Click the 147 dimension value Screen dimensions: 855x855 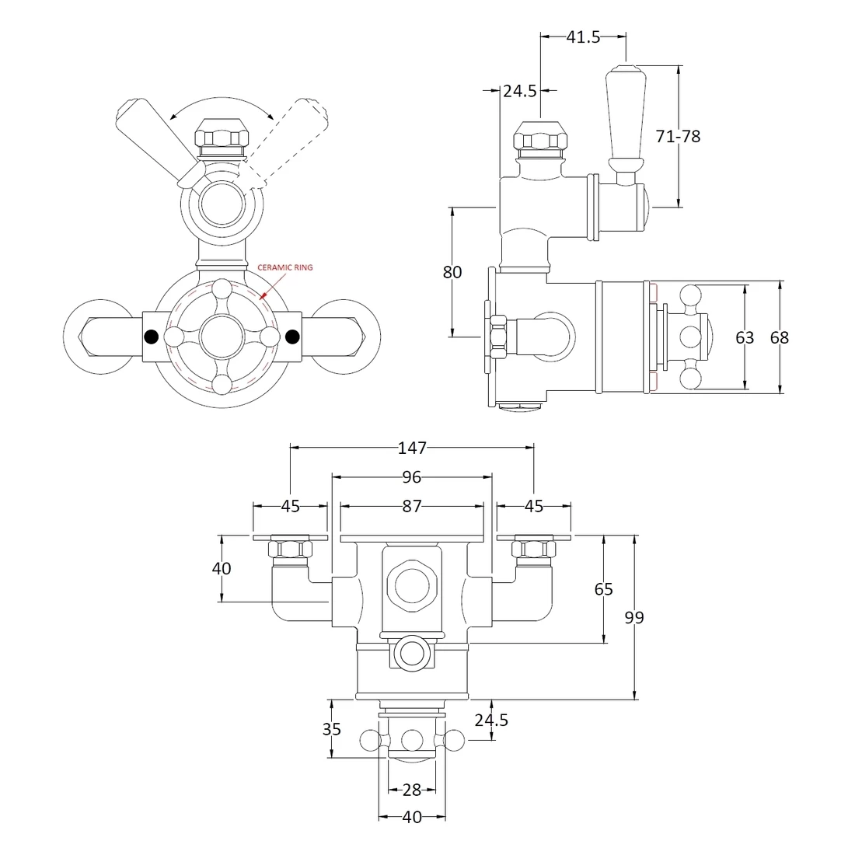pos(412,448)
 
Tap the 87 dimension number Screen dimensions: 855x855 pos(412,506)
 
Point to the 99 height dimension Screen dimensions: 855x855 pos(634,617)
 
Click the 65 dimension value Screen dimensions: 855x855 pos(604,589)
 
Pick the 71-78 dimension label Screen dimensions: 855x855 pos(679,137)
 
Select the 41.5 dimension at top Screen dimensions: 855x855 pos(583,37)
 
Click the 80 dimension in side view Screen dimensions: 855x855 pos(452,272)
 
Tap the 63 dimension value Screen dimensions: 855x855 pos(745,337)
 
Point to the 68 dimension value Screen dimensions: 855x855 pos(779,337)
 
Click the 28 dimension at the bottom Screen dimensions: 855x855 pos(412,790)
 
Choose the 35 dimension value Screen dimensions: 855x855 pos(332,729)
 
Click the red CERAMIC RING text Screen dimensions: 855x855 pos(285,267)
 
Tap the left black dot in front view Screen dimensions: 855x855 pos(152,337)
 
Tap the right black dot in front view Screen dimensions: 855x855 pos(292,337)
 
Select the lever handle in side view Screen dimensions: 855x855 pos(625,117)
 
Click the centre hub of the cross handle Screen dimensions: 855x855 pos(222,337)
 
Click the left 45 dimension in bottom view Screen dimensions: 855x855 pos(290,506)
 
